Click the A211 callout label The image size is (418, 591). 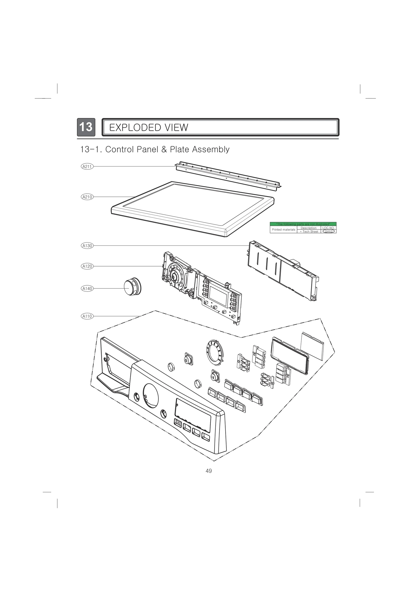[x=87, y=167]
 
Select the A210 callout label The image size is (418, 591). [x=87, y=197]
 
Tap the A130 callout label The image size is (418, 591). [x=87, y=246]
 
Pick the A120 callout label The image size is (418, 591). [x=87, y=266]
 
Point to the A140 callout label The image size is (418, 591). [x=87, y=288]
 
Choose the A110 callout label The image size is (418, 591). [x=87, y=316]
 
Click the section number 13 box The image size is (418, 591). [x=86, y=127]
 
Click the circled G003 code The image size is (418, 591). [x=328, y=232]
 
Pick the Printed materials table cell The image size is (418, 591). [x=283, y=230]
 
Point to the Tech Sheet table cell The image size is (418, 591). [x=309, y=232]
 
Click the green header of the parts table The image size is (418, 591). [x=303, y=224]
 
